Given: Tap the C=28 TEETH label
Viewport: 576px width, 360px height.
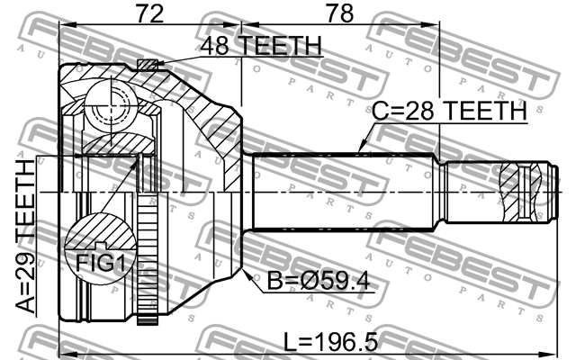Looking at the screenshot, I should pos(449,111).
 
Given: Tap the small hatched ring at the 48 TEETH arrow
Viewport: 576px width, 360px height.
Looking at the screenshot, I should pos(147,63).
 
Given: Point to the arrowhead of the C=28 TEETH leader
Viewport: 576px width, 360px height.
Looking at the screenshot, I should pos(359,148).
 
